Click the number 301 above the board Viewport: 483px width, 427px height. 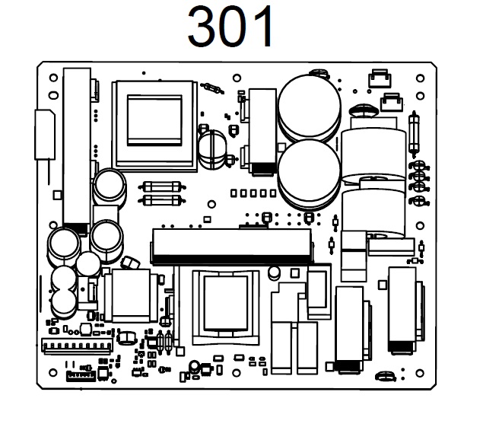(231, 29)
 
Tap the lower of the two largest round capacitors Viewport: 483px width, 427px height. (309, 172)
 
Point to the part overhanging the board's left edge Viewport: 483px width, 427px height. (43, 135)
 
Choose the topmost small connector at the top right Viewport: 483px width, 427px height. (378, 78)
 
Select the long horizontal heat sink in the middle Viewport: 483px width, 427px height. (232, 243)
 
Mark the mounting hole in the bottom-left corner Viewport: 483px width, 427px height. (52, 373)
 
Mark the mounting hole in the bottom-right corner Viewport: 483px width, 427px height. (419, 373)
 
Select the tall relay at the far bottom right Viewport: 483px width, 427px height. (402, 312)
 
